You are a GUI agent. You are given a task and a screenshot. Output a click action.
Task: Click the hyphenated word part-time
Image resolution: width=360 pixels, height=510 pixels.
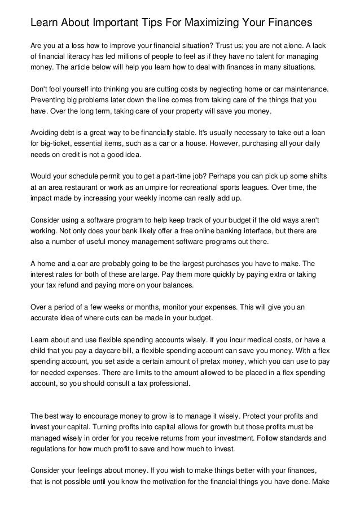(x=172, y=176)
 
